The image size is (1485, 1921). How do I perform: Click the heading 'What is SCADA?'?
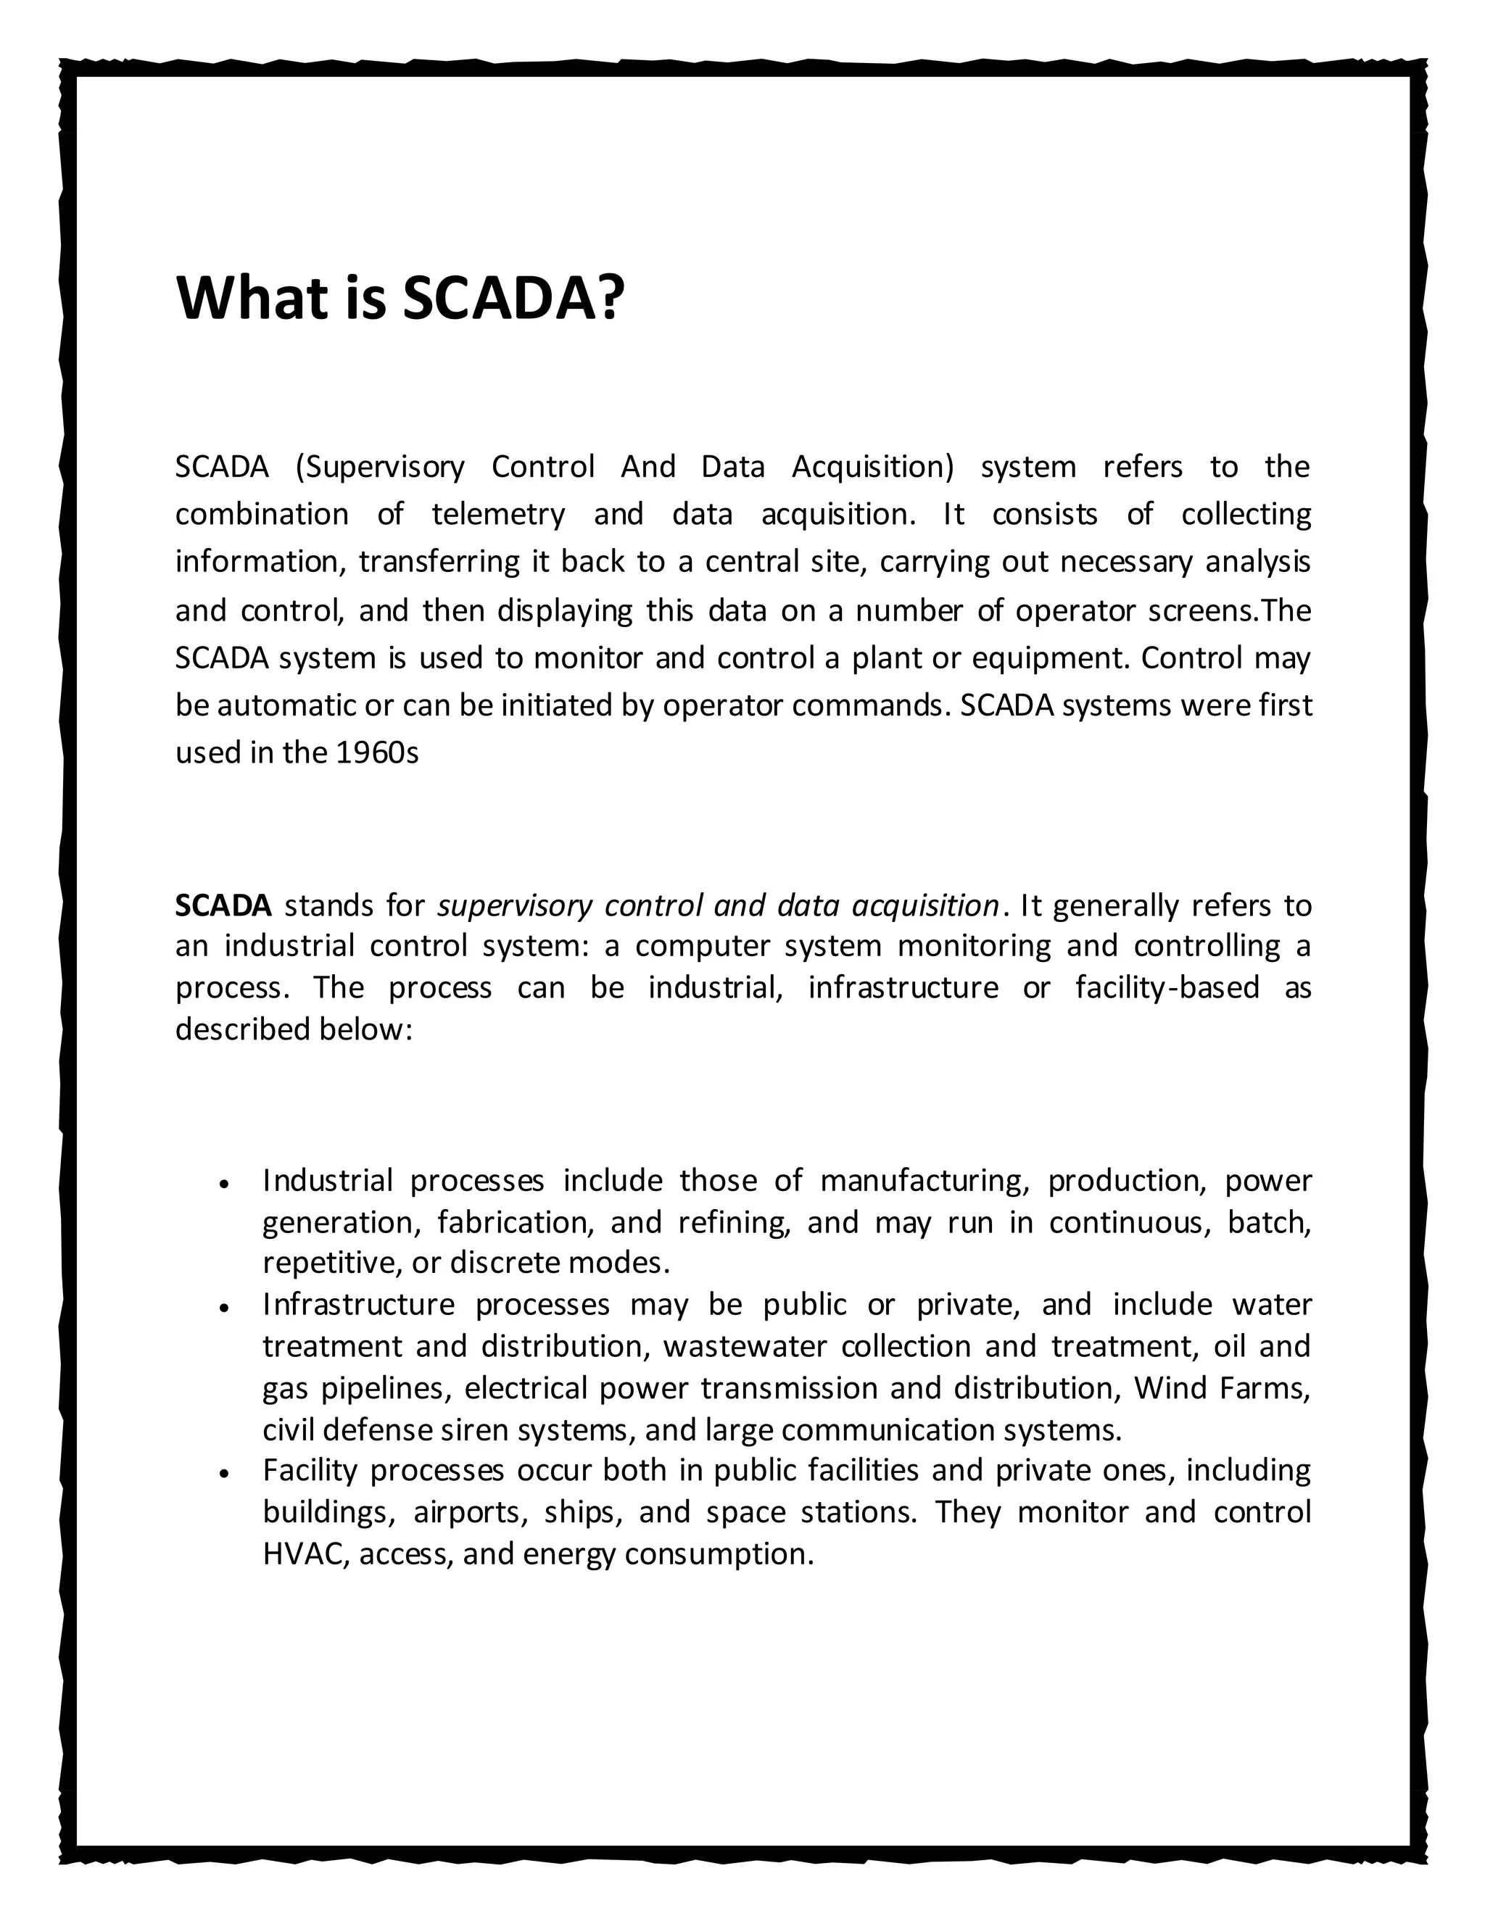[x=400, y=297]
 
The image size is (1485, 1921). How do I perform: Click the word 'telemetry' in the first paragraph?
[x=498, y=514]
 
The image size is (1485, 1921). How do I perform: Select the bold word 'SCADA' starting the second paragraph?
[x=223, y=905]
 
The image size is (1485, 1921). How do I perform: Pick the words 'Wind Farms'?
[x=1221, y=1388]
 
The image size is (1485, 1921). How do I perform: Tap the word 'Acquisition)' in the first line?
[x=872, y=466]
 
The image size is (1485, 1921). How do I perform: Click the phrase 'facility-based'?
[x=1167, y=988]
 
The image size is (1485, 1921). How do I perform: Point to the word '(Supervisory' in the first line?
[x=380, y=467]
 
